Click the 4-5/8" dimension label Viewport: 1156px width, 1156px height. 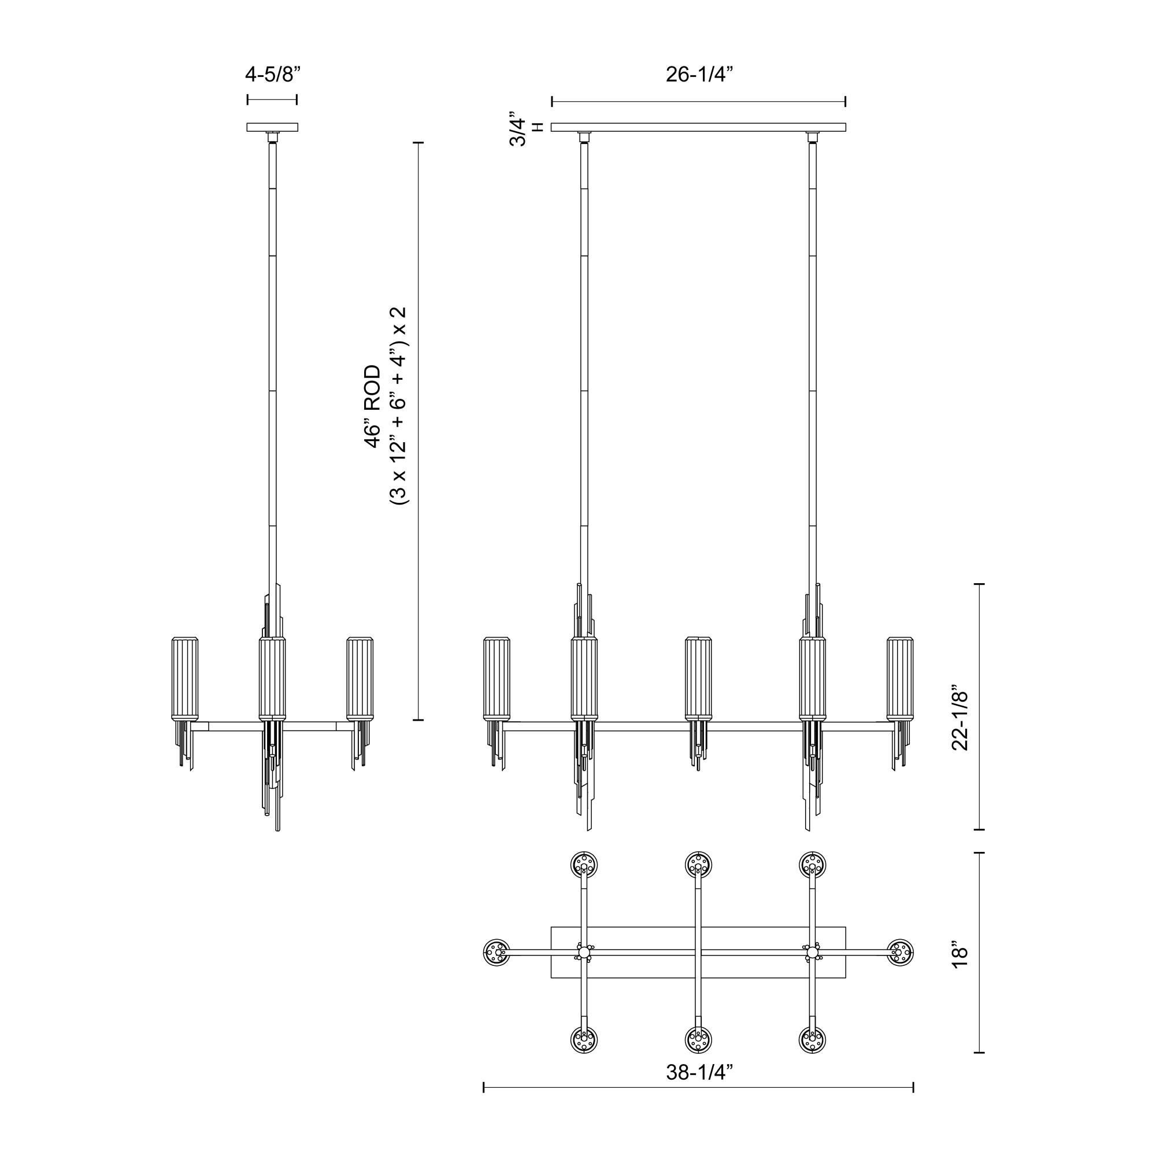click(272, 74)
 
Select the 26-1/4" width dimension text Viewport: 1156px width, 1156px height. click(699, 74)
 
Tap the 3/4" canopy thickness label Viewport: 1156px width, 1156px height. click(517, 128)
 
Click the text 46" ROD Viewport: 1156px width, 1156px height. click(372, 406)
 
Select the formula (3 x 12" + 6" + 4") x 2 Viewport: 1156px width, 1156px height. click(398, 406)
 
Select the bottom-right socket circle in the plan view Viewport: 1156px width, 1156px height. click(813, 1040)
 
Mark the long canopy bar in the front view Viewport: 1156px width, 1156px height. click(698, 127)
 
